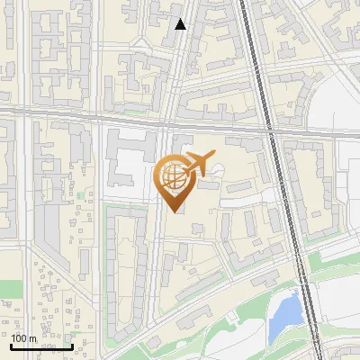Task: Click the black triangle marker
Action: point(181,24)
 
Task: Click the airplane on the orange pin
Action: point(200,163)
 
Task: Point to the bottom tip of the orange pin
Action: point(173,211)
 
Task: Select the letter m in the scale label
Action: point(33,338)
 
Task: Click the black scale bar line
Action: point(41,346)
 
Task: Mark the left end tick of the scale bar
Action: point(12,346)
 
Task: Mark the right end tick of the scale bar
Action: point(72,346)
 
